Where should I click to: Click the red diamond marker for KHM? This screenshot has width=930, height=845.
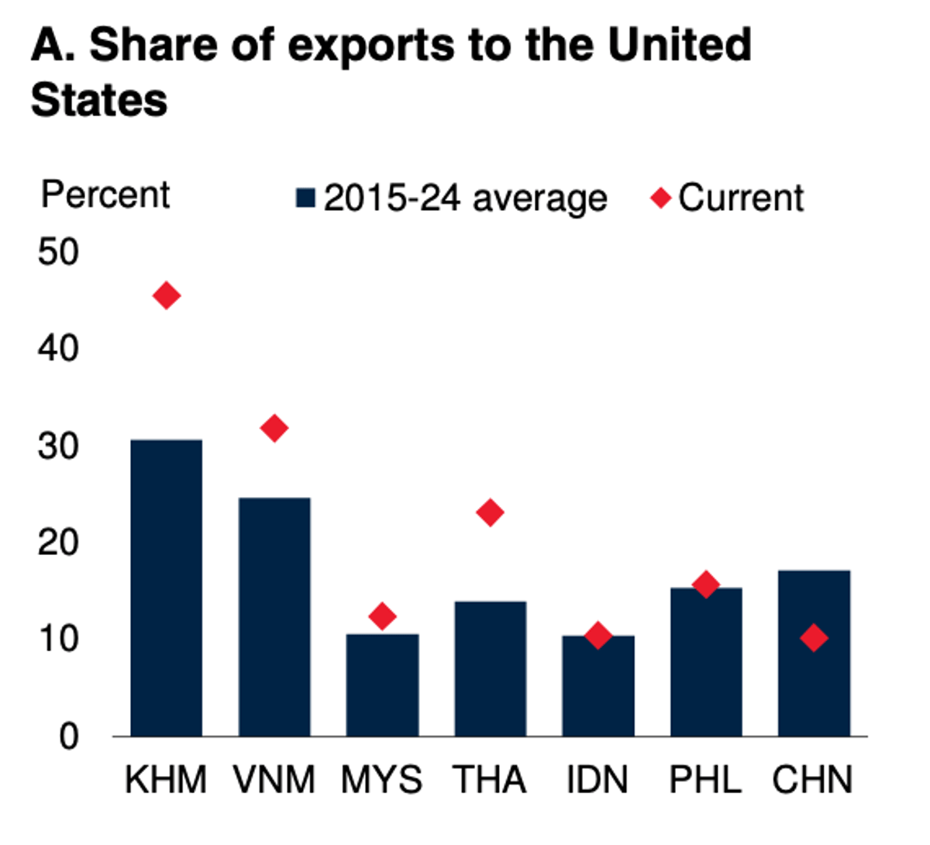(167, 295)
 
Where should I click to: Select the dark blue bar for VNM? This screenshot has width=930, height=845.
(274, 616)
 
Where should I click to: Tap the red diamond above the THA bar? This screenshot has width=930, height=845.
(490, 512)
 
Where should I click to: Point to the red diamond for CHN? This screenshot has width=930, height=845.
(814, 638)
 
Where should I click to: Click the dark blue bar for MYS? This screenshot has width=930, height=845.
(382, 685)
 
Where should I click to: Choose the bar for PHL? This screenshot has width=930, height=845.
(705, 661)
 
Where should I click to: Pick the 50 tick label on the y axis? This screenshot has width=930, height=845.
(58, 252)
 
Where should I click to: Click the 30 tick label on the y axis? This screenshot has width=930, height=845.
(58, 446)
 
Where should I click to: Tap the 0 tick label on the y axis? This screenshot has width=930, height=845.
(69, 736)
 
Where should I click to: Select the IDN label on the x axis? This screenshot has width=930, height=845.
(598, 780)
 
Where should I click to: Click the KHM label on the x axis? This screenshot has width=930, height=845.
(166, 780)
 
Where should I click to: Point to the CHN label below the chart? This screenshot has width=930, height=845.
(812, 780)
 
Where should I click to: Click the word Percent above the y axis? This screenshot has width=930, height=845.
(105, 194)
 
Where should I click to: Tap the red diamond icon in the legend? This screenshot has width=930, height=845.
(660, 198)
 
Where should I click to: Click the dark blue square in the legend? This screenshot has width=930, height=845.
(305, 198)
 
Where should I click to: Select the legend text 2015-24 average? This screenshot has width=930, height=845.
(465, 198)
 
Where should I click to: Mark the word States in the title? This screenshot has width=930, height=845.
(99, 101)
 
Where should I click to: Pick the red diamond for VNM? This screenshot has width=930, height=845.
(274, 428)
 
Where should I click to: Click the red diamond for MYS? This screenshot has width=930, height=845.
(382, 616)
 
